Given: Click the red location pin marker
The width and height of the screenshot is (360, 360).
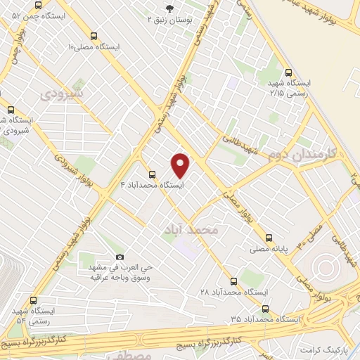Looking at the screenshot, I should point(181,165).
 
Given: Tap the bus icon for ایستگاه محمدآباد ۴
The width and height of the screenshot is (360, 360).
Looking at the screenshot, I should point(151,174).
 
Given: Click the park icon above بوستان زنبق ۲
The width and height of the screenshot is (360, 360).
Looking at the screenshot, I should point(168,8).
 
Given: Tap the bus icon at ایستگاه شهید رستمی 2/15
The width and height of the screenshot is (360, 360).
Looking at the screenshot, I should point(289,72).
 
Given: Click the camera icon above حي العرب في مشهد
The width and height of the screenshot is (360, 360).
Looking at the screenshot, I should point(120,257).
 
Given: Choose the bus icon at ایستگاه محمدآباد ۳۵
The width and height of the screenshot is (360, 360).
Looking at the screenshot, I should point(265,308).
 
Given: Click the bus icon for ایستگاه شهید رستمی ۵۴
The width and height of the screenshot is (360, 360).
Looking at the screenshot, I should point(33,300).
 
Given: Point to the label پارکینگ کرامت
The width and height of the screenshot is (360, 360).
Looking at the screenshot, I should point(323,349).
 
